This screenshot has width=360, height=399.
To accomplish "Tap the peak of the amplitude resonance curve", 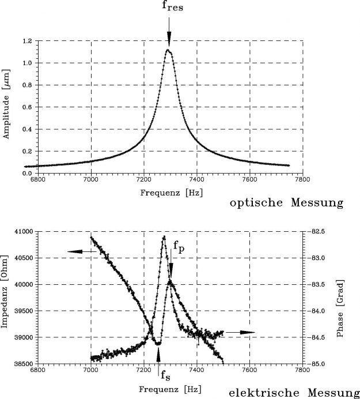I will coord(168,50).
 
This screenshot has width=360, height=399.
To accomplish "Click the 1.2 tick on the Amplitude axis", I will coord(27,42).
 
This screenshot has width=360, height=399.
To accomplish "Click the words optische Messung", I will coord(286,203).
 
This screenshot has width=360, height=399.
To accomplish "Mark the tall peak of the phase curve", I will coord(164,236).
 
